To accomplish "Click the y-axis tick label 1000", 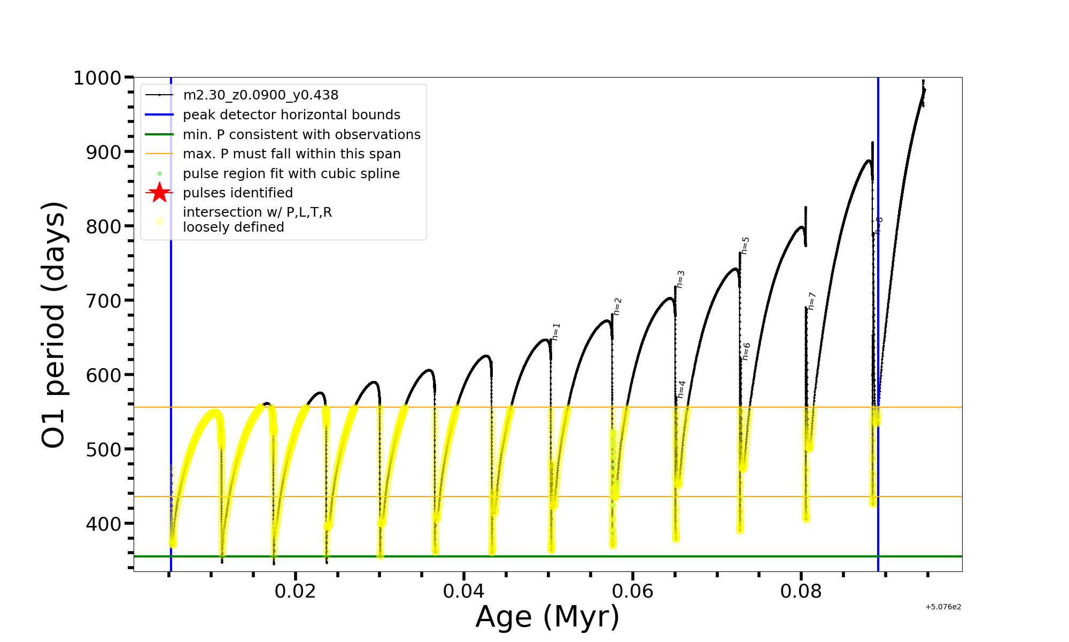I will pos(97,78).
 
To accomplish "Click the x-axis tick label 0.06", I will pos(632,591).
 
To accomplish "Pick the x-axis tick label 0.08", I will pos(801,591).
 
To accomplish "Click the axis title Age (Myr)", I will pos(547,617).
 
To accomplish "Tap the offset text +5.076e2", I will pos(943,607).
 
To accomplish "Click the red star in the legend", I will pos(159,193).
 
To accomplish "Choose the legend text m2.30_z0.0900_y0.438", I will pos(260,95).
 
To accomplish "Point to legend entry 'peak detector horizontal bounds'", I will pos(291,115).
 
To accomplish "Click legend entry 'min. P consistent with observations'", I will pos(301,135).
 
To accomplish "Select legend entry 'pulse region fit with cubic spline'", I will pos(291,174).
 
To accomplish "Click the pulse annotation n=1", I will pos(556,332).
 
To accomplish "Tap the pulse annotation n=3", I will pos(680,279).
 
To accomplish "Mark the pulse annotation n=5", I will pos(745,246).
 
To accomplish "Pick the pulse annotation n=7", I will pos(811,301).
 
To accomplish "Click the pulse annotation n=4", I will pos(681,389).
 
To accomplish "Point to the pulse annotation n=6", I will pos(746,351).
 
